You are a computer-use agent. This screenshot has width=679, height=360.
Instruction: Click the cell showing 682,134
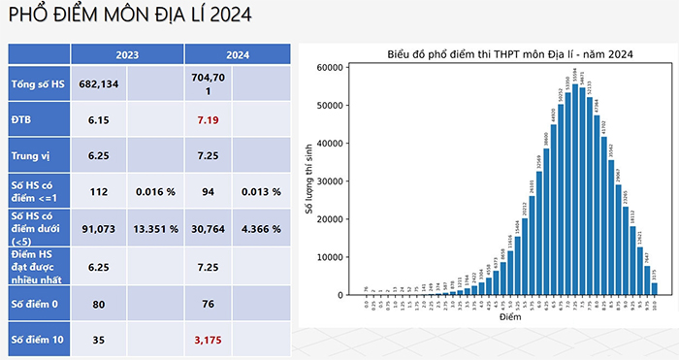coord(97,84)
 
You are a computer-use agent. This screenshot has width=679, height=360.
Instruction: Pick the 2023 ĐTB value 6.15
coord(97,120)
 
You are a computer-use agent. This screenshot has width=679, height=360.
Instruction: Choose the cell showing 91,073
coord(97,229)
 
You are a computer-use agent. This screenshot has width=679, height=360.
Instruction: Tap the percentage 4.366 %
coord(260,229)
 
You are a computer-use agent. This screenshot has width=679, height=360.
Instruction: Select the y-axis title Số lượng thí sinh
coord(309,180)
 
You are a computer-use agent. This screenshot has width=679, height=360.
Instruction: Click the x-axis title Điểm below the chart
coord(509,316)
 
